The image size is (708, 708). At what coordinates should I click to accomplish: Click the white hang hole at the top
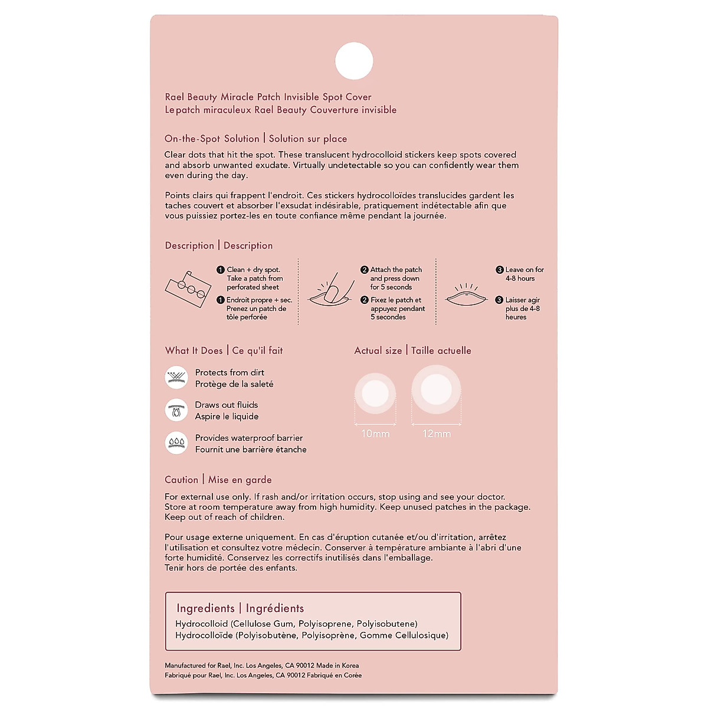(354, 61)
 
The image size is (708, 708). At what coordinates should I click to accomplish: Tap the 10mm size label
(375, 434)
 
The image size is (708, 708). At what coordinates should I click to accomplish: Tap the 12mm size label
(437, 434)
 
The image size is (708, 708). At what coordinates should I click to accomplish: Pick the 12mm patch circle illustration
(436, 389)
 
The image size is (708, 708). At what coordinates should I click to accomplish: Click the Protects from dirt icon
(176, 378)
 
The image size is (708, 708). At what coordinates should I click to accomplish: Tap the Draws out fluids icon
(176, 410)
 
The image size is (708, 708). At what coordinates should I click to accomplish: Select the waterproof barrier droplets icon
(176, 443)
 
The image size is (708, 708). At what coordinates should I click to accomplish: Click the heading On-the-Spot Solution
(212, 139)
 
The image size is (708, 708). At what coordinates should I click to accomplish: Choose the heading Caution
(182, 480)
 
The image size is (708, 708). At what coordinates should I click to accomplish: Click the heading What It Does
(194, 350)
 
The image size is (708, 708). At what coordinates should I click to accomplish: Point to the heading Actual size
(378, 350)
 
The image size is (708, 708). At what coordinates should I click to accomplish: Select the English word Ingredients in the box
(205, 608)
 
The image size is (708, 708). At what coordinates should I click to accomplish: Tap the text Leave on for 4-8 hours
(524, 274)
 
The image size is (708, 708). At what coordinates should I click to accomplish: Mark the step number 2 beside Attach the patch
(365, 270)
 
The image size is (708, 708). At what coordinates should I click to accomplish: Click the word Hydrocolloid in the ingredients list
(201, 624)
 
